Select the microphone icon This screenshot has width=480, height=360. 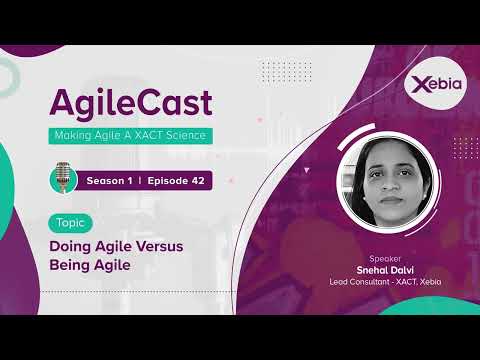coord(64,178)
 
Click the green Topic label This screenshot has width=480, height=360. coord(70,223)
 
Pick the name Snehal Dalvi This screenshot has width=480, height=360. coord(385,270)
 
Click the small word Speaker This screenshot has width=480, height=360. coord(385,258)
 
